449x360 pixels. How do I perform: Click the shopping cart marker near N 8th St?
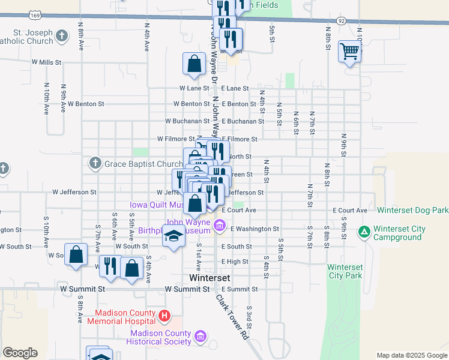349,50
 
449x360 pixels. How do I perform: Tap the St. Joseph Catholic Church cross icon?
61,37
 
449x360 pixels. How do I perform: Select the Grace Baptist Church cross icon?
95,163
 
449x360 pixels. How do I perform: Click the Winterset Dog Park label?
411,211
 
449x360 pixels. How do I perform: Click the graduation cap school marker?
173,236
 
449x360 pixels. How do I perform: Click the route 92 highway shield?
342,20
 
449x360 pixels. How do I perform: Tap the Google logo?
20,353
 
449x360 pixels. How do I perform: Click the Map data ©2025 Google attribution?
411,355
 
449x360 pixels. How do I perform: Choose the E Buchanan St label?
243,121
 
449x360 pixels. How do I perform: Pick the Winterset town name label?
206,278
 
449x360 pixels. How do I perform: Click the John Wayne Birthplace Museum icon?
219,226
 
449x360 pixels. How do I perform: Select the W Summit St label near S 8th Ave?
83,289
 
